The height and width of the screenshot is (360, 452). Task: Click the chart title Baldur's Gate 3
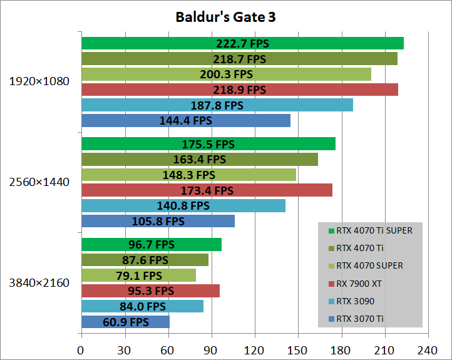pos(225,17)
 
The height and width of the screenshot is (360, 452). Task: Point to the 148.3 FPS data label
pos(188,175)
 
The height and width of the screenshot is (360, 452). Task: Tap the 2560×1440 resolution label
pos(39,182)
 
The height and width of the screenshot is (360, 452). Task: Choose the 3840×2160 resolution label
pos(39,283)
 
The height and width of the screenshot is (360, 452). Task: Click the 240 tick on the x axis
pos(428,351)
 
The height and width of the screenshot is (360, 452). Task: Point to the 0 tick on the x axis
pos(81,351)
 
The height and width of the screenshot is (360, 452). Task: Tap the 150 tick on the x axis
pos(297,351)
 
